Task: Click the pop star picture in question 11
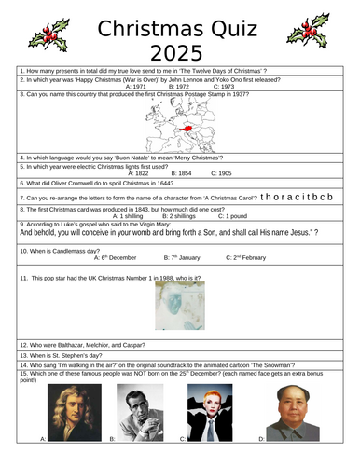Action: tap(180, 306)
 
